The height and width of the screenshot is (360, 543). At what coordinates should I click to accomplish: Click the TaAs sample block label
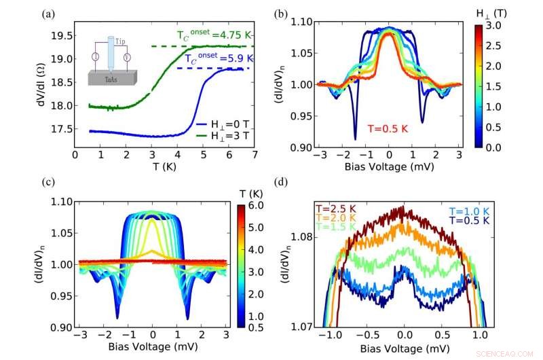[x=120, y=78]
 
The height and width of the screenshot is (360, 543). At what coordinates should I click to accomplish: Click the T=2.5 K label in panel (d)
[x=335, y=208]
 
